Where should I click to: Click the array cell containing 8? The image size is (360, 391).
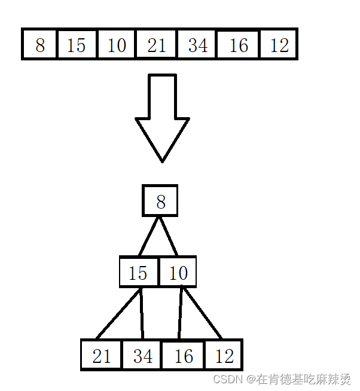click(40, 44)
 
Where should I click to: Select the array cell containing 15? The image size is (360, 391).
click(77, 44)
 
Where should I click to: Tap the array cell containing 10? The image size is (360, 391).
click(117, 44)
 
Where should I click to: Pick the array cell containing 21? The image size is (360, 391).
click(157, 44)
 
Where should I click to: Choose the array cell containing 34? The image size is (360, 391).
click(197, 44)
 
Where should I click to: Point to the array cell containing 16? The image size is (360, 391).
click(239, 44)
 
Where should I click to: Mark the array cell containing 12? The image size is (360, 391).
click(279, 44)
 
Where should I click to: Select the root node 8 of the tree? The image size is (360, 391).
click(160, 201)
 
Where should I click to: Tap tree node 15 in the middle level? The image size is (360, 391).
click(138, 273)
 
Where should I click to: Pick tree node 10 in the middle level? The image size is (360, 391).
click(178, 273)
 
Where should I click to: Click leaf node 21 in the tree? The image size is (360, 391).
click(102, 355)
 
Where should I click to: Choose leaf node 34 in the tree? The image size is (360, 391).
click(142, 355)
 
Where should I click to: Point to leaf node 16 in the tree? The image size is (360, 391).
click(183, 355)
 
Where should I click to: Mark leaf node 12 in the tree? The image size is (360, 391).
click(224, 355)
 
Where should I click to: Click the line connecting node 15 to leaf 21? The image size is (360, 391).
click(118, 313)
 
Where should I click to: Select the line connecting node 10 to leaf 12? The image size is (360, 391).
click(202, 313)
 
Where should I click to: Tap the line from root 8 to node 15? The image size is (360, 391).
click(149, 236)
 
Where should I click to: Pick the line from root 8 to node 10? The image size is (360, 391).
click(169, 236)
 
